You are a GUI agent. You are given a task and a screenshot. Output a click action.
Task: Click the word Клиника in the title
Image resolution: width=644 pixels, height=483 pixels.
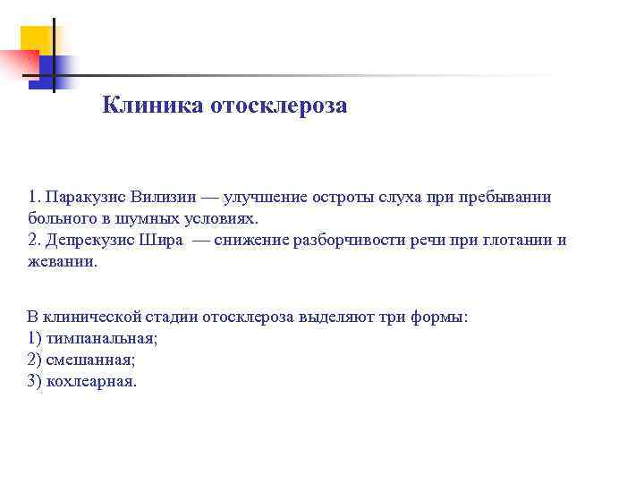coord(152,106)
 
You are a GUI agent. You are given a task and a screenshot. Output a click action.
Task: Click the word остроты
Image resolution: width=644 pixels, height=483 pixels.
coord(343,197)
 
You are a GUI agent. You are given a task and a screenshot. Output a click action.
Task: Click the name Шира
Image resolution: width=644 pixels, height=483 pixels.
coord(161,240)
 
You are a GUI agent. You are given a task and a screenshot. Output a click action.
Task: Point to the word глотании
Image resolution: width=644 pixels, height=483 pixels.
coord(502,240)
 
